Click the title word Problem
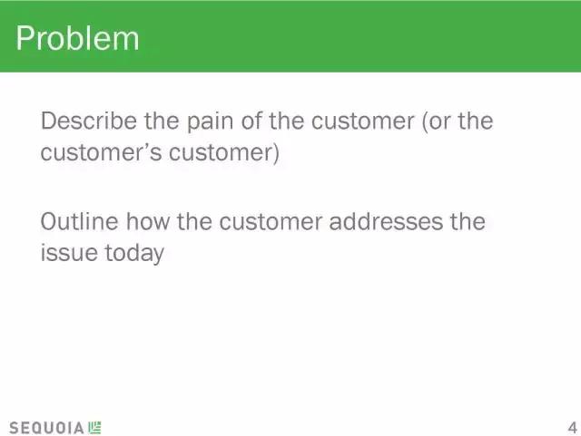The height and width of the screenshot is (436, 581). pos(77,38)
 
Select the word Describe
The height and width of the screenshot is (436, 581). pos(89,121)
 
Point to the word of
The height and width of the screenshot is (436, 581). pos(252,121)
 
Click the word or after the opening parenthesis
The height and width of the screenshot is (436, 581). pos(436,121)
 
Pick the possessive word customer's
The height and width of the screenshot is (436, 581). pos(101,152)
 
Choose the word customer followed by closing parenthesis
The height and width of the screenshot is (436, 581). pos(224,153)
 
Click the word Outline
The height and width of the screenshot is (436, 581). pos(79,221)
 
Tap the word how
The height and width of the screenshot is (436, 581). pos(148,221)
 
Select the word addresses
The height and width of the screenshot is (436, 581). pos(386,221)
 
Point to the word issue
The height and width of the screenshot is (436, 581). pos(69,253)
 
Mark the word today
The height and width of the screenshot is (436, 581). pos(134,254)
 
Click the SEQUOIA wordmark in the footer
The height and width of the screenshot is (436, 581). pos(46,428)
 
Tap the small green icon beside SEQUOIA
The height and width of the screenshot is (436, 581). pos(94,428)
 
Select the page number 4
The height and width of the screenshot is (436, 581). pos(573,428)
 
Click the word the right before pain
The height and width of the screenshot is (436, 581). pos(162,121)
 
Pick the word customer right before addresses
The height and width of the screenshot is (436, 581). pos(271,222)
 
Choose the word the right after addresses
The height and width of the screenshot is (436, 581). pos(468,221)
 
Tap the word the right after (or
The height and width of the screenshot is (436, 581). pos(476,121)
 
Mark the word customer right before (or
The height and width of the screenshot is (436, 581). pos(363,121)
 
